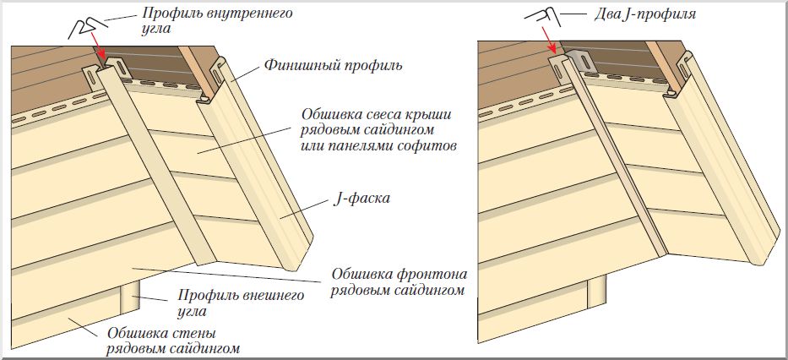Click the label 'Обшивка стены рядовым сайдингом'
[x=173, y=340]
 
